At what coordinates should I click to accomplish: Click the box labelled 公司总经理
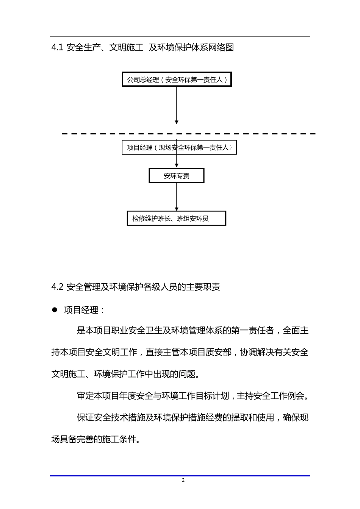[177, 80]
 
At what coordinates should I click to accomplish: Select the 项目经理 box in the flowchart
[179, 148]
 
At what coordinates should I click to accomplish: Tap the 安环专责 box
[177, 176]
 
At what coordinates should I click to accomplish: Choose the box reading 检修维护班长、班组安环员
[176, 219]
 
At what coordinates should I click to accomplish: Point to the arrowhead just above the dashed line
[177, 122]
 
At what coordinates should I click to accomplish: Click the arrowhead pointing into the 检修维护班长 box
[177, 209]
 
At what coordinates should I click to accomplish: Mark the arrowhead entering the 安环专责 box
[177, 166]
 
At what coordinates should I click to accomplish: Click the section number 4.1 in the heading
[57, 48]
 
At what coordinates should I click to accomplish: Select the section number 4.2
[57, 287]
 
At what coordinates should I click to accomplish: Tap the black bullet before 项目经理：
[54, 310]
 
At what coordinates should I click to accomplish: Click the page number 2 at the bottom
[183, 481]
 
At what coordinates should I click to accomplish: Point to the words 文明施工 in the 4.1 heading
[126, 48]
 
